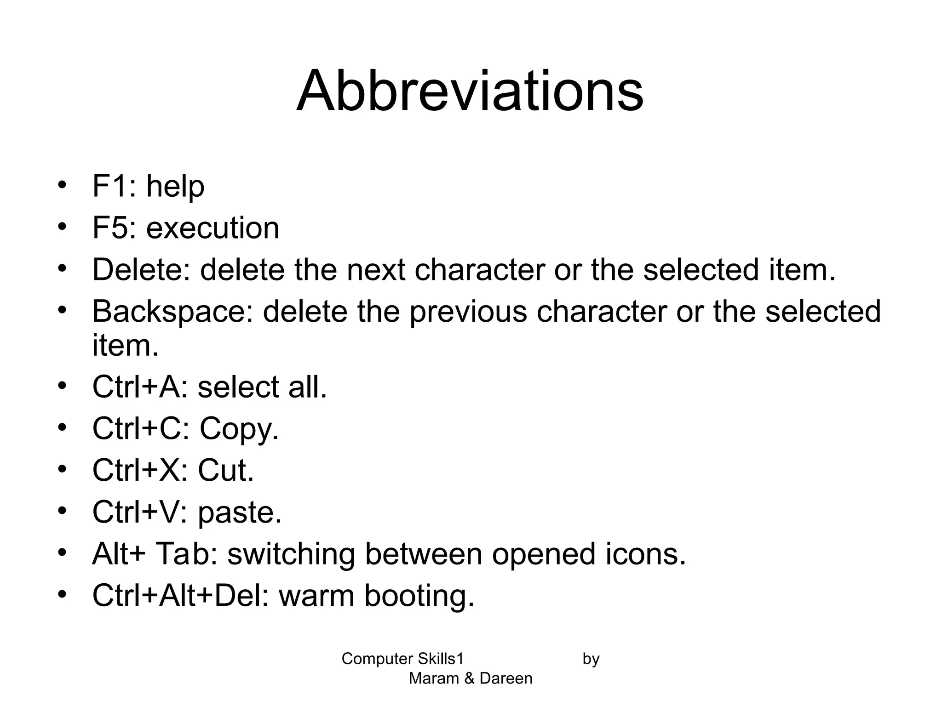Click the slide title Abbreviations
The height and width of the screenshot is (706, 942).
tap(470, 91)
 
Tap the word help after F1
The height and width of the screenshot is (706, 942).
tap(175, 187)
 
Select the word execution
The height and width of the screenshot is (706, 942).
tap(213, 228)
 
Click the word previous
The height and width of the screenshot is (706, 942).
tap(468, 312)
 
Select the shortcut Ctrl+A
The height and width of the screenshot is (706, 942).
tap(140, 387)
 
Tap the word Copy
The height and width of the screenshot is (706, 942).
tap(239, 429)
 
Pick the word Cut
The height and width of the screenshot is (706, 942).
tap(225, 471)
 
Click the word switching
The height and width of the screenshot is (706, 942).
tap(291, 554)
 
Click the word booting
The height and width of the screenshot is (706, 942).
tap(419, 596)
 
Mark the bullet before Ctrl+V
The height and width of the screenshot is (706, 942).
tap(63, 511)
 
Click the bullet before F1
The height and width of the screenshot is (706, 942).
tap(63, 185)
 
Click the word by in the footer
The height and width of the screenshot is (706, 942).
tap(591, 659)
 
